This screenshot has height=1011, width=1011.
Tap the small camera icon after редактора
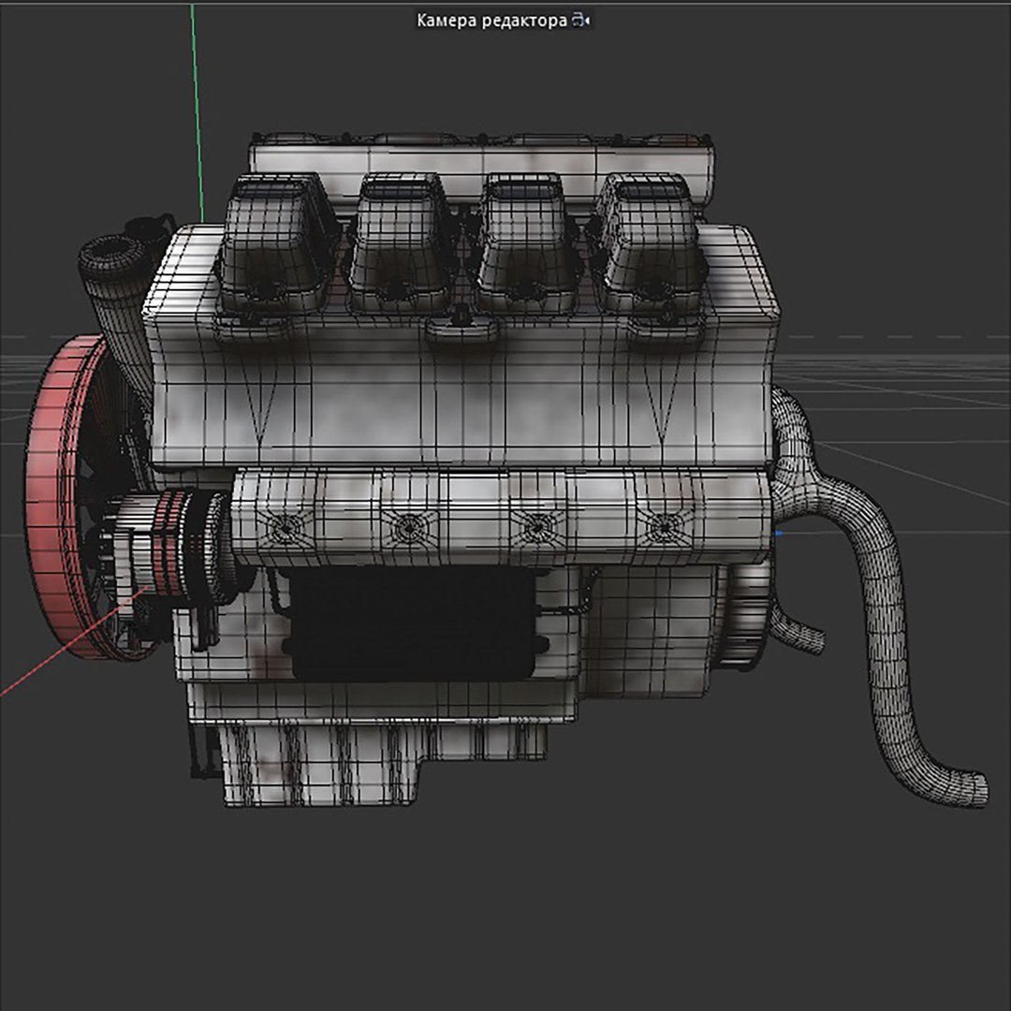tap(581, 21)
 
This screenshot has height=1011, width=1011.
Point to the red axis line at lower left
tap(56, 655)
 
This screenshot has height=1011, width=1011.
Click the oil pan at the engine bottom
tap(374, 758)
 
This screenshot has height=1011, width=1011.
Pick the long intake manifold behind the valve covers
tap(482, 154)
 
